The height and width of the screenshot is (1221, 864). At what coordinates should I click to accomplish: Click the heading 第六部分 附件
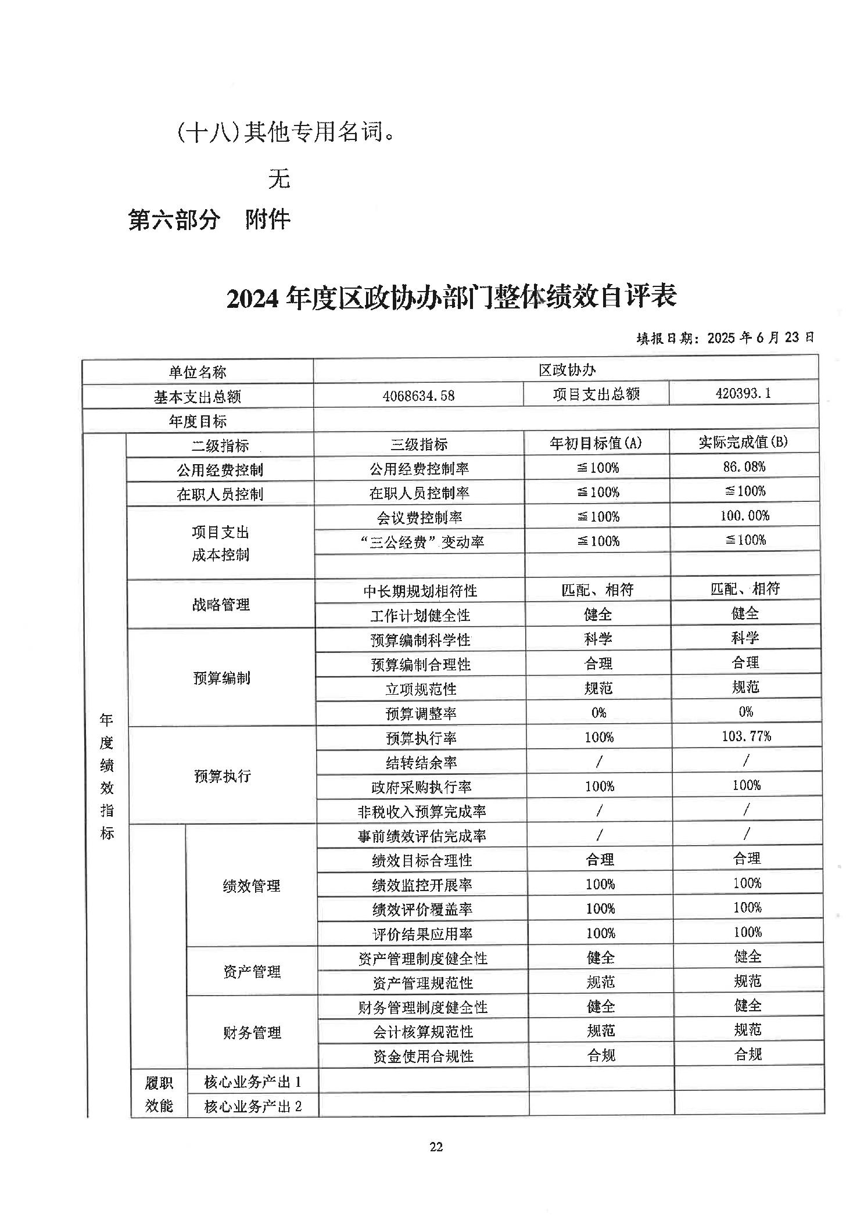[x=209, y=220]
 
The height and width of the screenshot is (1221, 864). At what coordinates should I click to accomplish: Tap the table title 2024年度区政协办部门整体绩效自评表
[x=451, y=297]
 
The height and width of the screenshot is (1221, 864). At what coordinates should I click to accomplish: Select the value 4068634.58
[x=418, y=396]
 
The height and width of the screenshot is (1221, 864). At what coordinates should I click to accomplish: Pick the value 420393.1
[x=743, y=393]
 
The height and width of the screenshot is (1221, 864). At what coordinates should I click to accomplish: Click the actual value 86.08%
[x=744, y=466]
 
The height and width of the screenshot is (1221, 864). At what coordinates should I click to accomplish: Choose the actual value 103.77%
[x=746, y=736]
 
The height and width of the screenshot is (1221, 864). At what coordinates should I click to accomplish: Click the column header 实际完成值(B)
[x=743, y=442]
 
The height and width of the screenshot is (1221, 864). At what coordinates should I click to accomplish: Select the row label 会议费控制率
[x=419, y=517]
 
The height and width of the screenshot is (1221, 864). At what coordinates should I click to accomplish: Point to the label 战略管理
[x=221, y=604]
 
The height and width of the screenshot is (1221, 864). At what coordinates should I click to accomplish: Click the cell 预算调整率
[x=421, y=713]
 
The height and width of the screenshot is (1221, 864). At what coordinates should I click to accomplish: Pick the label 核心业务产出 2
[x=253, y=1106]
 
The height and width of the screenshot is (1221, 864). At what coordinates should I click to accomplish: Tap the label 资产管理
[x=252, y=971]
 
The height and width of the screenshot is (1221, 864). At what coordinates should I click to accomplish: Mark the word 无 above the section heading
[x=279, y=179]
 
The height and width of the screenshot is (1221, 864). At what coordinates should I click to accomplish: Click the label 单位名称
[x=198, y=372]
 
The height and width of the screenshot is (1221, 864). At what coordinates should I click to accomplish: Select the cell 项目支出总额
[x=596, y=394]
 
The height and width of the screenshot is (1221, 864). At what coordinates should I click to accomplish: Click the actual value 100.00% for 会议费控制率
[x=744, y=515]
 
